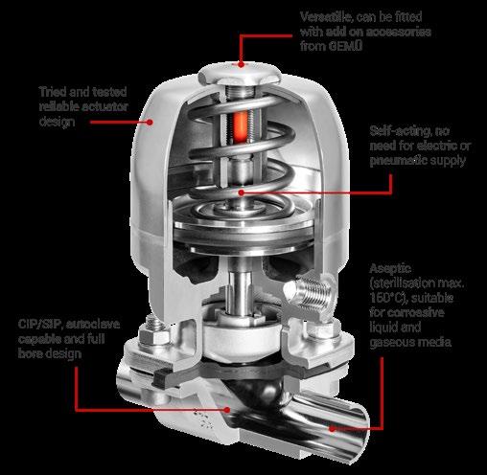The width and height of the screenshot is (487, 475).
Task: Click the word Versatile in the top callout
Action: click(x=326, y=17)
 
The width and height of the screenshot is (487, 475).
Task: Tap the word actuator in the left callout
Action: click(x=106, y=107)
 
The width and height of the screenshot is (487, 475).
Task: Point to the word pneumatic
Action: click(x=398, y=161)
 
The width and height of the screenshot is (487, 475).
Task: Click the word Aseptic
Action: click(x=390, y=269)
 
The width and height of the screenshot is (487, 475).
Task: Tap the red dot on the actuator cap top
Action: click(x=242, y=64)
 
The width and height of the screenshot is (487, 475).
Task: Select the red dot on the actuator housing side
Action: click(x=150, y=122)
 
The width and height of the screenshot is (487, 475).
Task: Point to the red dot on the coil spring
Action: click(x=242, y=192)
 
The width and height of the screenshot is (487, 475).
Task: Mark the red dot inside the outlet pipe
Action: click(x=333, y=429)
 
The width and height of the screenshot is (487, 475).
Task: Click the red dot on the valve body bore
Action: click(x=227, y=409)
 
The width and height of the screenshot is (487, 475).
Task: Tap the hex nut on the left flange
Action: click(x=153, y=335)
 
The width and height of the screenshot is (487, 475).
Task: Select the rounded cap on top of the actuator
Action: click(x=240, y=74)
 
